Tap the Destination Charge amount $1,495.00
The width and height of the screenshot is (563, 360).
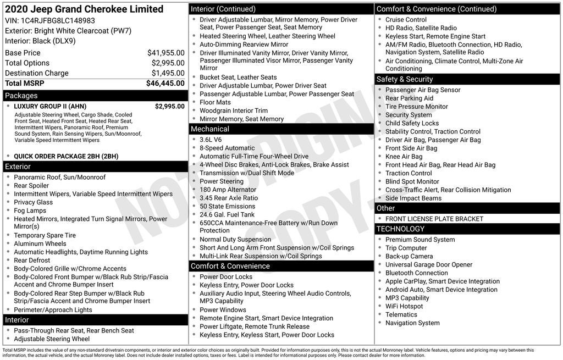(x=168, y=73)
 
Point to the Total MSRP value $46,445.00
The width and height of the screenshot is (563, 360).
(x=165, y=84)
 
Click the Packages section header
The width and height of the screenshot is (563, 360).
(x=21, y=96)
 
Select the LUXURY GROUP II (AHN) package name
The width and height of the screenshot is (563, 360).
(x=50, y=107)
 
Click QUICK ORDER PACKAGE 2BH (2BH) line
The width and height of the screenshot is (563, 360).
(x=66, y=156)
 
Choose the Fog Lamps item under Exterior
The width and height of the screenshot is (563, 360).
(x=30, y=211)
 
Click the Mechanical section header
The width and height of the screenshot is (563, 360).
(x=210, y=129)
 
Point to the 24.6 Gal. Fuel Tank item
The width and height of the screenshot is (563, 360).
(x=227, y=214)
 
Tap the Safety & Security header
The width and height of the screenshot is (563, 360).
(x=405, y=79)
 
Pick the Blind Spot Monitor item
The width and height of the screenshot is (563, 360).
(x=412, y=181)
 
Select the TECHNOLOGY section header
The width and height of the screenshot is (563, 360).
(x=400, y=229)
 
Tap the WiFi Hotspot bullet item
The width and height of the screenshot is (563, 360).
(x=404, y=306)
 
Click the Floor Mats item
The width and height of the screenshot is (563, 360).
(x=215, y=102)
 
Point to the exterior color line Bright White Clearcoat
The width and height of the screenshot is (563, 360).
(x=68, y=31)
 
